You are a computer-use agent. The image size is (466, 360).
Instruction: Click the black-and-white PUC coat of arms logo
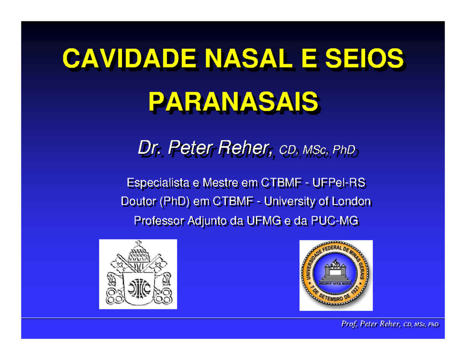pyautogui.click(x=138, y=274)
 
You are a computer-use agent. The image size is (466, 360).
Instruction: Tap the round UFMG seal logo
pyautogui.click(x=336, y=275)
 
